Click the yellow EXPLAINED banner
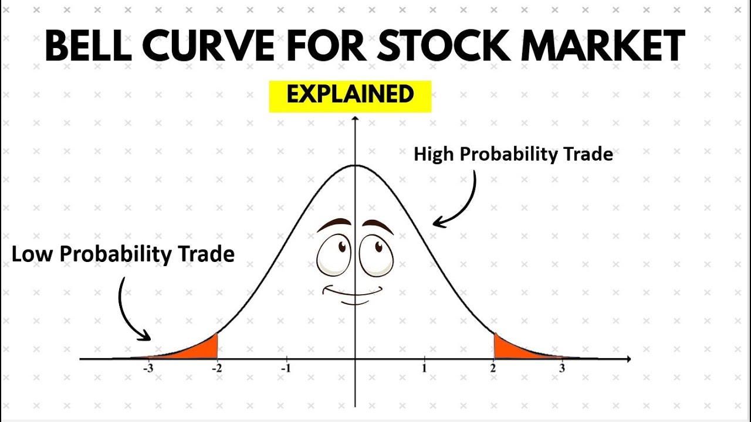click(350, 96)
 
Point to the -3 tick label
click(148, 369)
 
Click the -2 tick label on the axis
click(217, 369)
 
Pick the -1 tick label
click(286, 369)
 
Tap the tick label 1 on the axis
click(424, 369)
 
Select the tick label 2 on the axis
click(493, 369)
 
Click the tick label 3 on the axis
click(561, 369)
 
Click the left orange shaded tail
click(202, 349)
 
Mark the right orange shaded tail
click(508, 349)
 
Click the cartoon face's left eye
click(334, 256)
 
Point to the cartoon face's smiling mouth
click(354, 292)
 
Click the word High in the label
click(435, 154)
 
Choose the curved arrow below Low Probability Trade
click(129, 311)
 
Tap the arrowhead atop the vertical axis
click(354, 120)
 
